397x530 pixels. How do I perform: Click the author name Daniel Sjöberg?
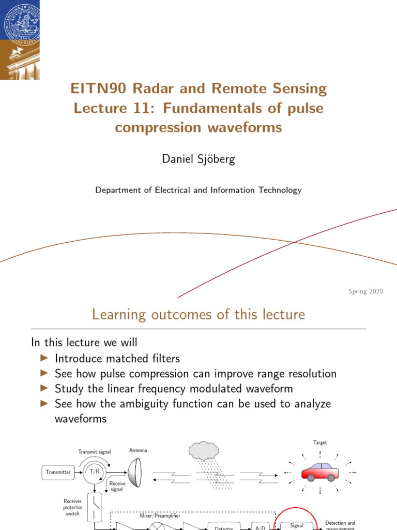[x=198, y=159]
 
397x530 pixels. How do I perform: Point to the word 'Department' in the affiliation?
[x=117, y=190]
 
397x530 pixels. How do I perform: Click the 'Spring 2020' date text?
[x=365, y=292]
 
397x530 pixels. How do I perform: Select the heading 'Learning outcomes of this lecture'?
[x=198, y=314]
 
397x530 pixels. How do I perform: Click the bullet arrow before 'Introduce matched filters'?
[x=44, y=358]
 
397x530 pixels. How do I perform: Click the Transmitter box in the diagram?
[x=58, y=472]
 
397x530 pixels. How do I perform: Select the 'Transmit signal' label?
[x=95, y=451]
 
